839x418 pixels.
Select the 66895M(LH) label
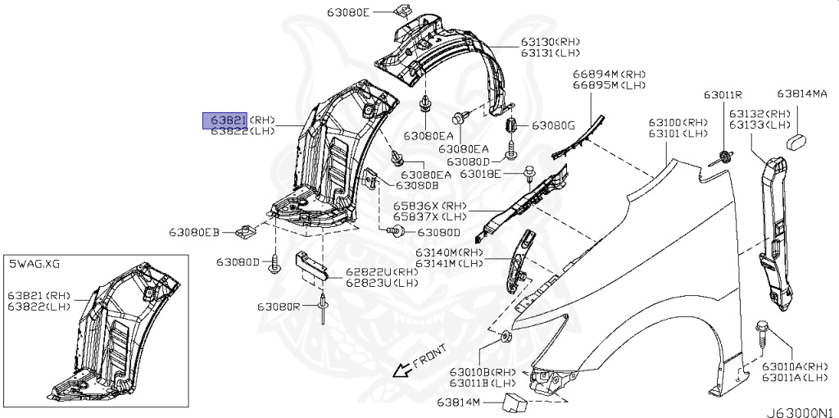(610, 85)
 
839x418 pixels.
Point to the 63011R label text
(720, 94)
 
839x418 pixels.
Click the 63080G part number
(554, 125)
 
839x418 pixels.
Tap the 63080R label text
(279, 306)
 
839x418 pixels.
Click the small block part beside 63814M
(515, 402)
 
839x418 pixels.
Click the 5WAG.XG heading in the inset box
(34, 263)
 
